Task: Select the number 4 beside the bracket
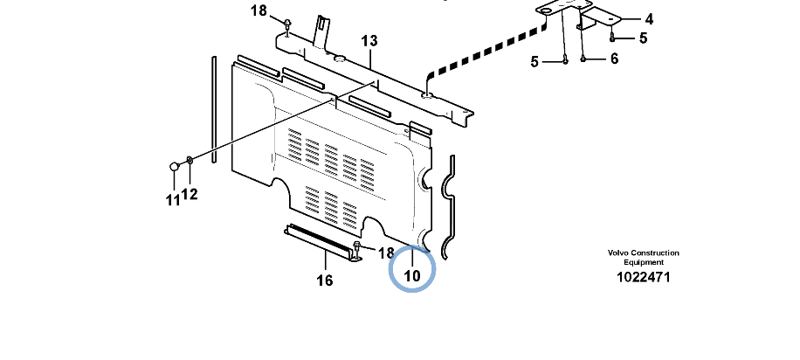649,18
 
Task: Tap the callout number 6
613,59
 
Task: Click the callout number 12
190,194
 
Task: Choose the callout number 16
324,280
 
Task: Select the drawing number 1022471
643,277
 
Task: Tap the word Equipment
643,262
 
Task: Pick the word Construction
656,253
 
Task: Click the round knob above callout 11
174,166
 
